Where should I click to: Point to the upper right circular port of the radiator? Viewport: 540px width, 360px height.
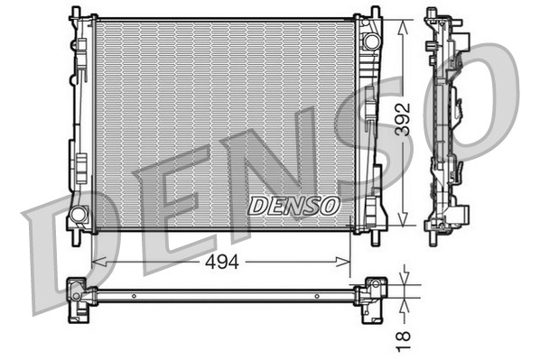369,42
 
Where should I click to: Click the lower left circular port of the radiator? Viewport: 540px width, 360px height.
78,215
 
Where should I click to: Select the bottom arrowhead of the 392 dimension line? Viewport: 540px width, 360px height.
403,225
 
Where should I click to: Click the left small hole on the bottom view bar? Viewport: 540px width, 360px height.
133,295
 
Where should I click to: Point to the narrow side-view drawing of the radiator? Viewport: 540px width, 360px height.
446,121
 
